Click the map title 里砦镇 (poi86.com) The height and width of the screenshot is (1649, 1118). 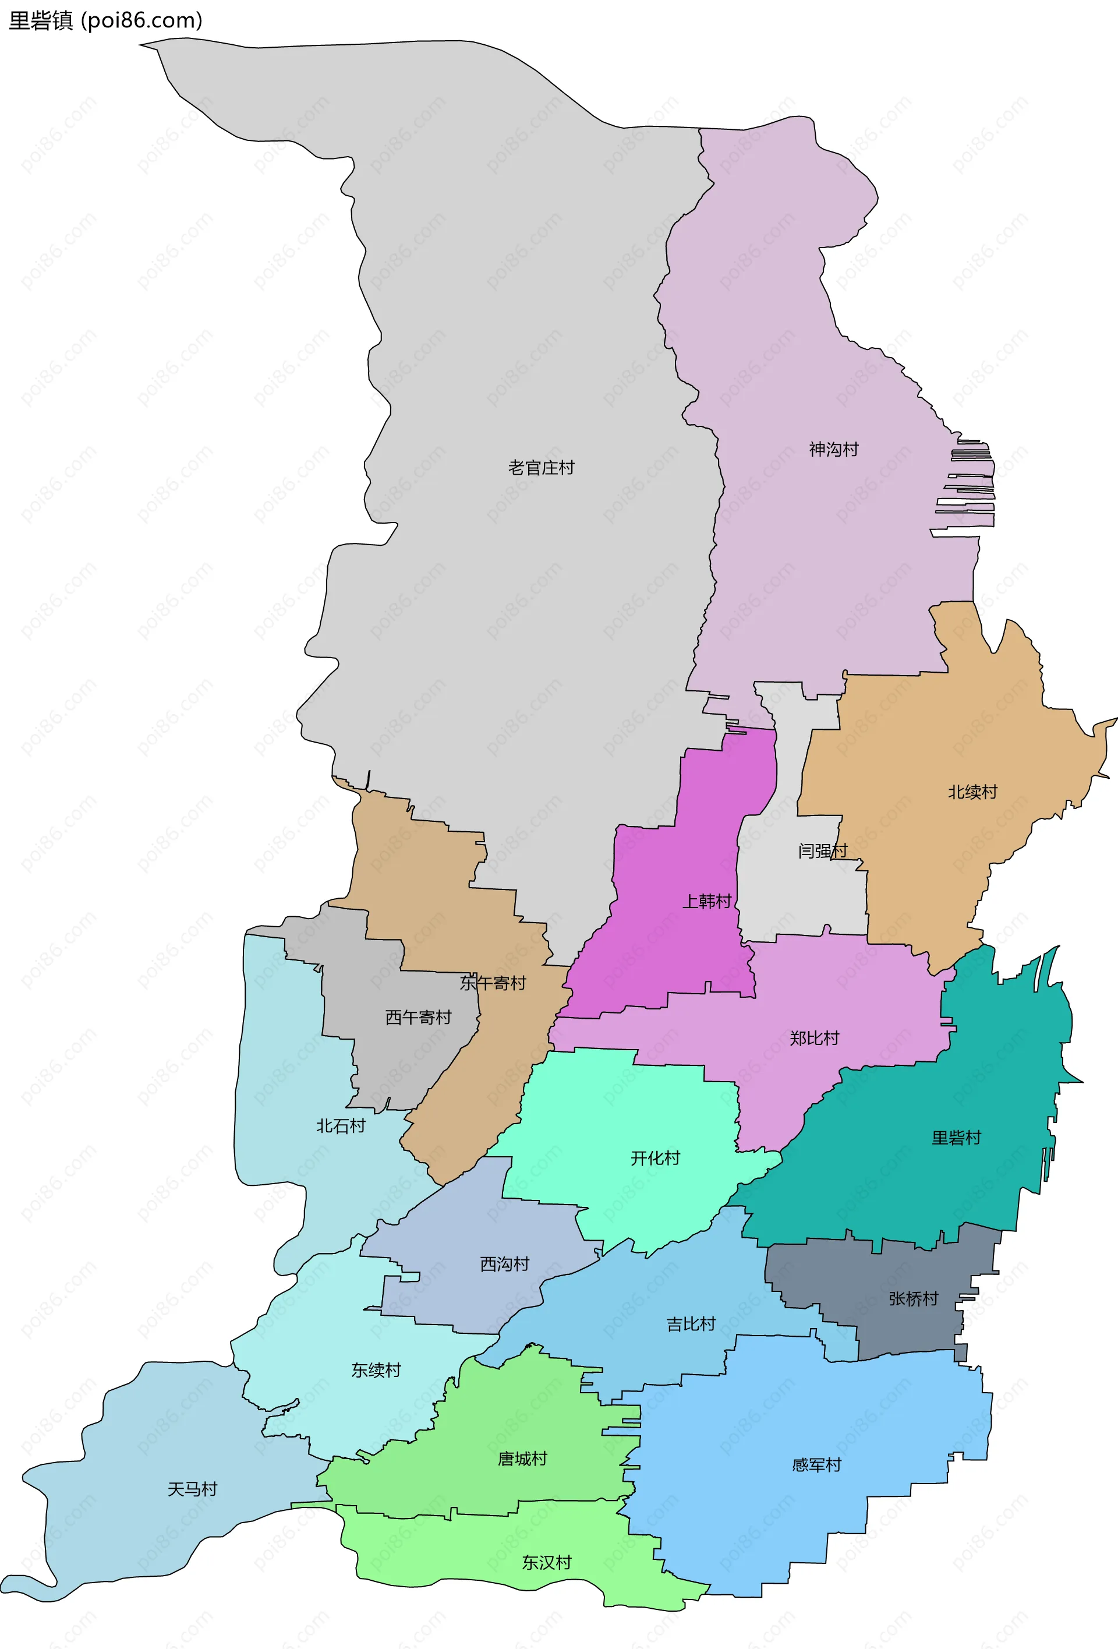pyautogui.click(x=105, y=20)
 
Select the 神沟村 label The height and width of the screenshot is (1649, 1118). pyautogui.click(x=833, y=449)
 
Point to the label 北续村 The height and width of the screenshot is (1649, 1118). pyautogui.click(x=972, y=792)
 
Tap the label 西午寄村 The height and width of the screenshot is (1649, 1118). pyautogui.click(x=418, y=1018)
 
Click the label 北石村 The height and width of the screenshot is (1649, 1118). pyautogui.click(x=341, y=1126)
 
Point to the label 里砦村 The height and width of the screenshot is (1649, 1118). pyautogui.click(x=956, y=1138)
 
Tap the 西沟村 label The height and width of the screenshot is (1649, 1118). pyautogui.click(x=504, y=1264)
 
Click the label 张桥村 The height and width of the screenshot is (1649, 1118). pyautogui.click(x=913, y=1298)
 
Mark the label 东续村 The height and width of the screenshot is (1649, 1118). pyautogui.click(x=376, y=1370)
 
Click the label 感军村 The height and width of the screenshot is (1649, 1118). pyautogui.click(x=816, y=1464)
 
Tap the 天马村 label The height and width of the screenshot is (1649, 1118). pyautogui.click(x=192, y=1489)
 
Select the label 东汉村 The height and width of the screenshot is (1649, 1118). pyautogui.click(x=546, y=1562)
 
